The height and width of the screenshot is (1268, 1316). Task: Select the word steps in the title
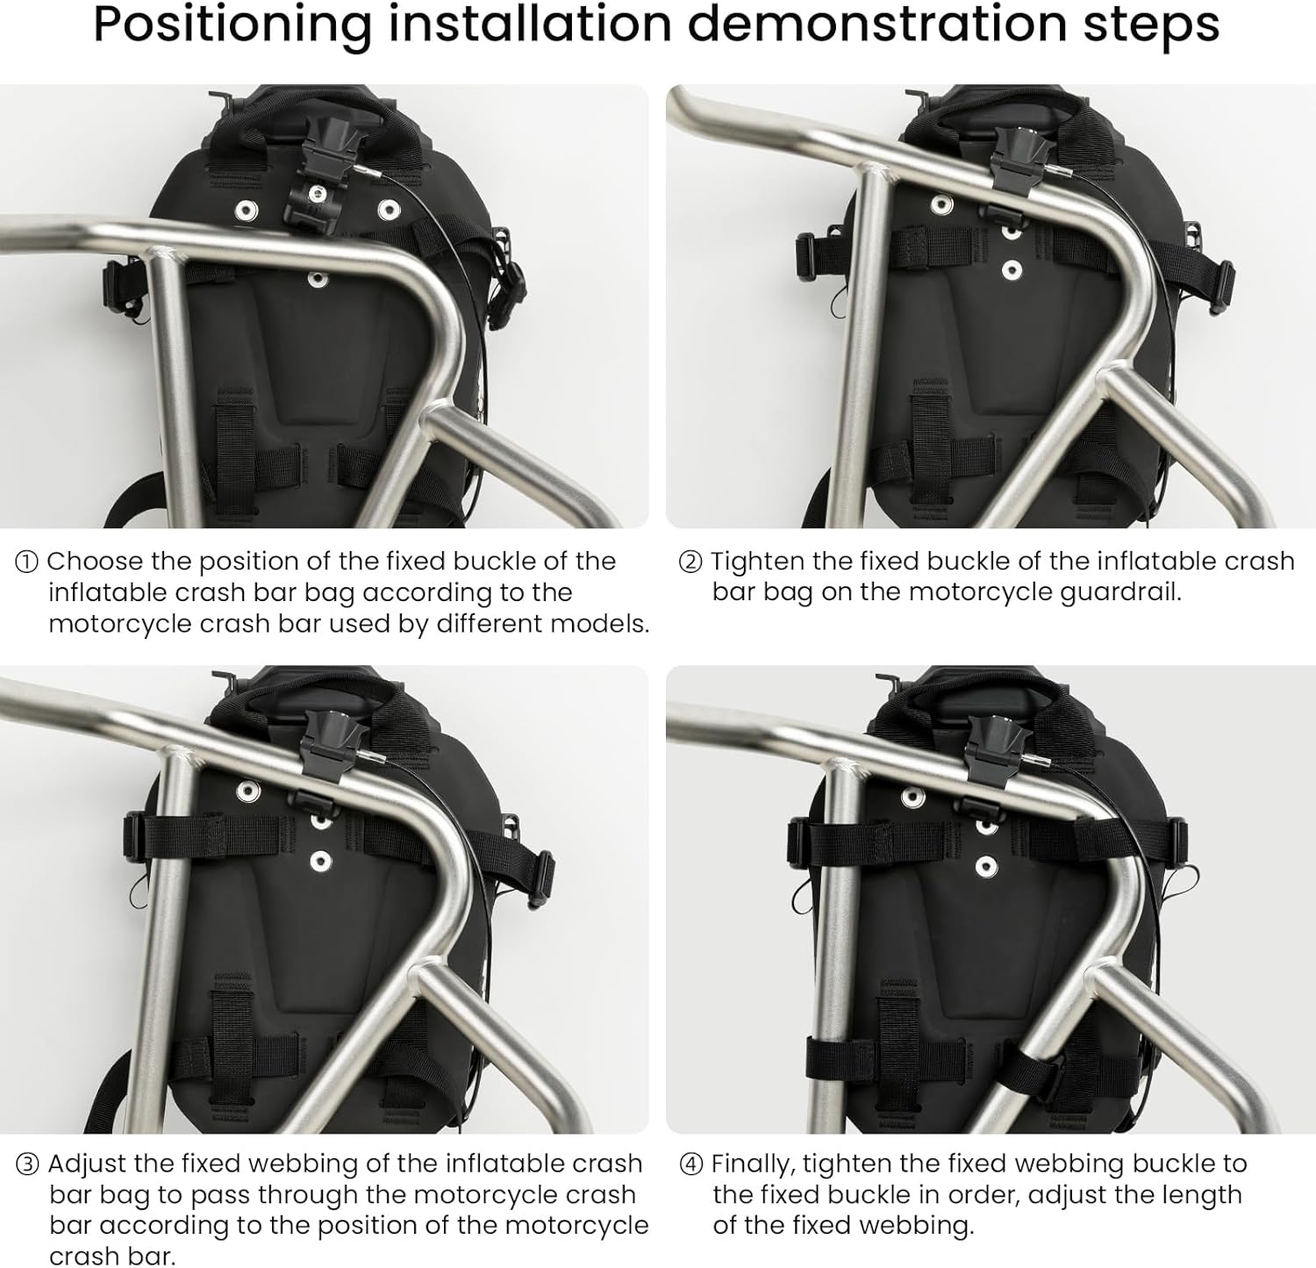coord(1151,26)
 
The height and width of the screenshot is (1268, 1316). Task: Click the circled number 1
coord(27,562)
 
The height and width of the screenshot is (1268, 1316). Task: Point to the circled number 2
coord(691,562)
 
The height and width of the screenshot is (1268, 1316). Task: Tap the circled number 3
coord(27,1164)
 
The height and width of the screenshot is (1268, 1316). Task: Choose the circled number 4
coord(691,1164)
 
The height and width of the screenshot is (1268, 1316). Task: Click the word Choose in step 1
coord(95,562)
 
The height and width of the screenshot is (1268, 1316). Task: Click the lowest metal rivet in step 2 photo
coord(1012,269)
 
